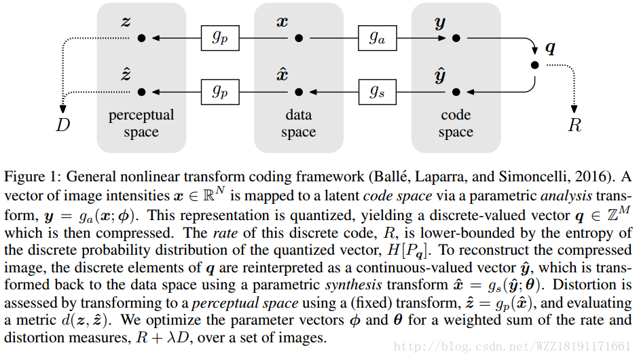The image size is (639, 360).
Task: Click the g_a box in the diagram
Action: click(377, 38)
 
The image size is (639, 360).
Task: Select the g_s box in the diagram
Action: click(377, 91)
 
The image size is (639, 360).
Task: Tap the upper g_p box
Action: click(219, 38)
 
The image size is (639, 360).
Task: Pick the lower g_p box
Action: click(219, 91)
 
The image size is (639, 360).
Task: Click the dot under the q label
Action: click(534, 65)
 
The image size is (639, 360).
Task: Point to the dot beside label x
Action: click(298, 39)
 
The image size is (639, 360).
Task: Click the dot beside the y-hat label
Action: click(456, 91)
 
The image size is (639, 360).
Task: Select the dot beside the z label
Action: click(141, 39)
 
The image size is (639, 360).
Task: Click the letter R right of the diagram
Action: click(574, 125)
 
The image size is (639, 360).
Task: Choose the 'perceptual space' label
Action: click(141, 123)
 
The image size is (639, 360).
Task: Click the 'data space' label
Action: click(298, 123)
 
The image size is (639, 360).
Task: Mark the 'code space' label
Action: click(456, 123)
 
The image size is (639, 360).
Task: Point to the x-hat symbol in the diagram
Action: click(282, 73)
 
